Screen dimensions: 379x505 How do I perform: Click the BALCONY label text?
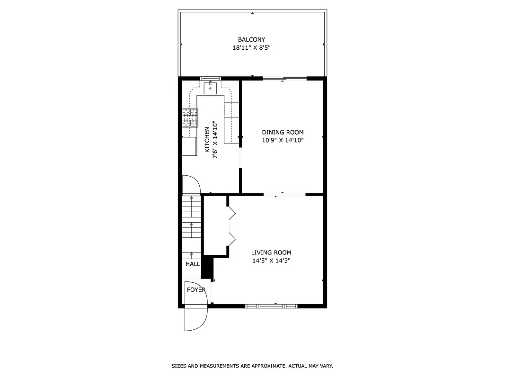pyautogui.click(x=251, y=40)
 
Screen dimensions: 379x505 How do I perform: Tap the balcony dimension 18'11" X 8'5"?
pyautogui.click(x=251, y=48)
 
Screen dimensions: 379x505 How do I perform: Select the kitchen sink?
pyautogui.click(x=210, y=87)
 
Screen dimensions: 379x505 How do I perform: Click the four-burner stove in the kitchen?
pyautogui.click(x=190, y=117)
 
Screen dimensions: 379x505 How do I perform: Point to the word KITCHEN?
pyautogui.click(x=207, y=140)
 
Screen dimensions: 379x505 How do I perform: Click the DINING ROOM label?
pyautogui.click(x=283, y=132)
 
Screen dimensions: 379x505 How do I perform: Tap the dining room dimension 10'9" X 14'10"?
pyautogui.click(x=283, y=140)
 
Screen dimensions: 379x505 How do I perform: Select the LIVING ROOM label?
pyautogui.click(x=271, y=253)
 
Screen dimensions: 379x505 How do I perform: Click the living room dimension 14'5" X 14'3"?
pyautogui.click(x=271, y=261)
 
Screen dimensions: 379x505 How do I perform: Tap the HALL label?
pyautogui.click(x=193, y=264)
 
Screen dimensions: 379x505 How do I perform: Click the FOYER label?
pyautogui.click(x=196, y=289)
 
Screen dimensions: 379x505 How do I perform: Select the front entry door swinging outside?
pyautogui.click(x=195, y=319)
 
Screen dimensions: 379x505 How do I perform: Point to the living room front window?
pyautogui.click(x=271, y=306)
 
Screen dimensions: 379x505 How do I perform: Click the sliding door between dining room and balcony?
pyautogui.click(x=284, y=78)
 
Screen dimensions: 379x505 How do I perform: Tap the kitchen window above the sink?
pyautogui.click(x=210, y=78)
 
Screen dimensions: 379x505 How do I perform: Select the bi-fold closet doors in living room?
pyautogui.click(x=231, y=226)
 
